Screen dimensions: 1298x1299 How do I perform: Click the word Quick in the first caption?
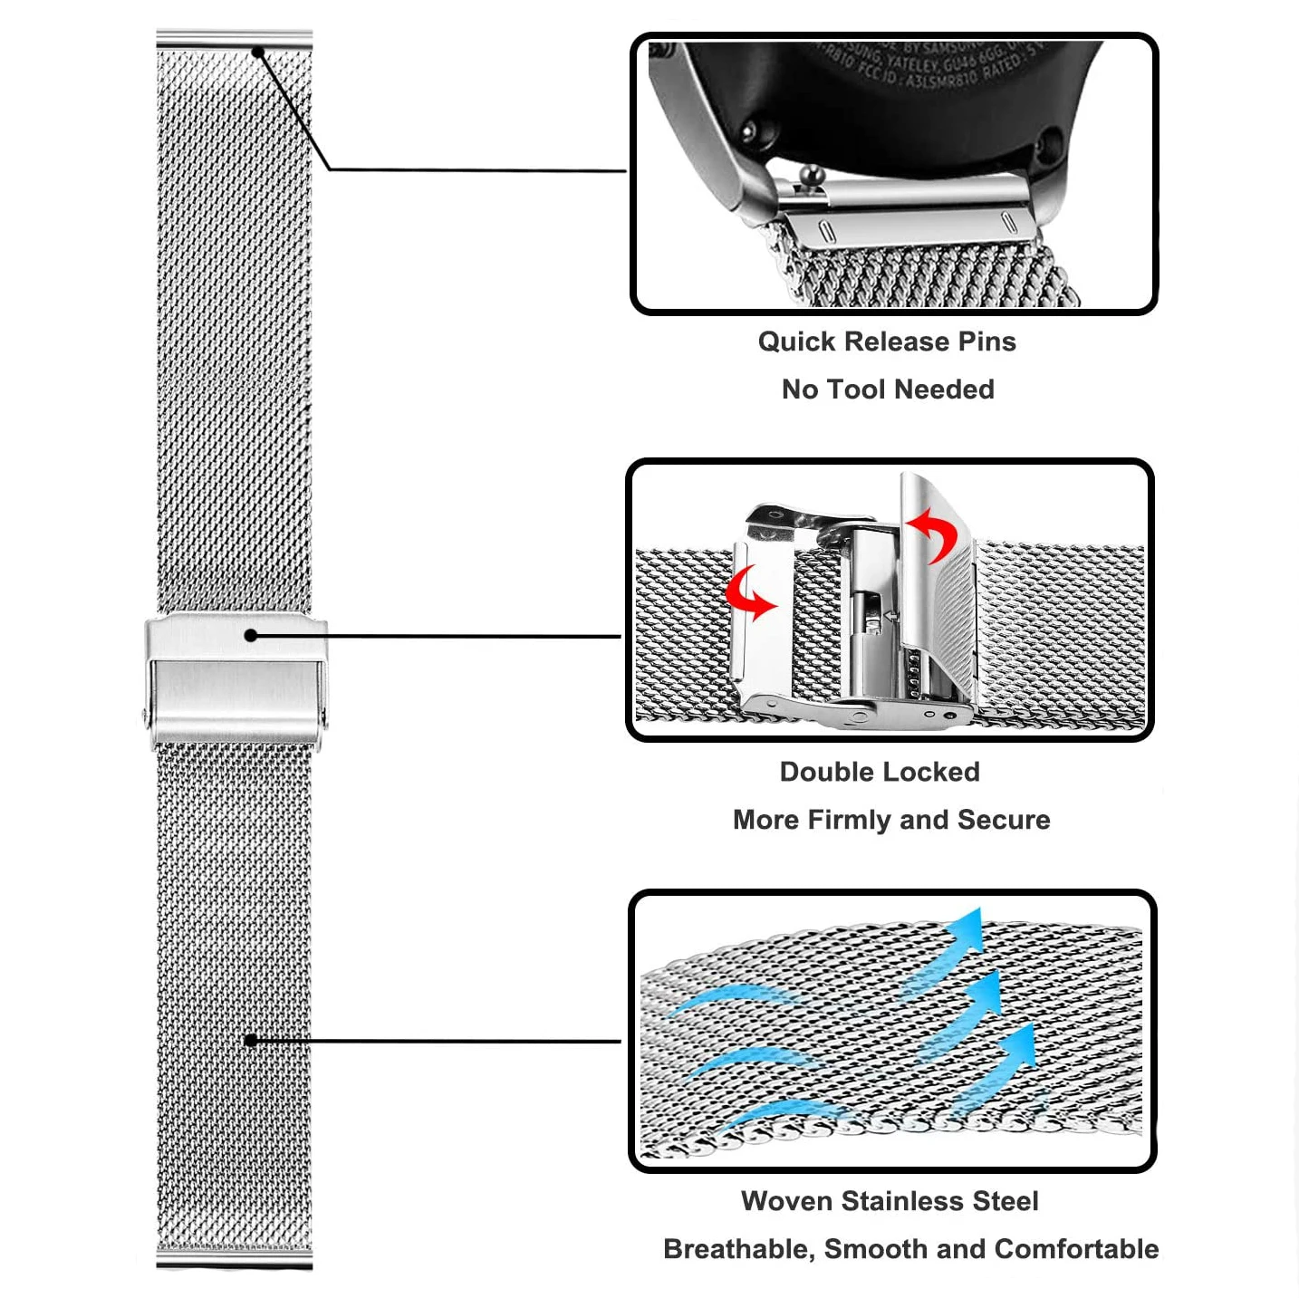click(797, 341)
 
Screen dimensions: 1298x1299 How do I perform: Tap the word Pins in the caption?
click(986, 341)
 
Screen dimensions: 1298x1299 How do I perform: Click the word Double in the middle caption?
click(823, 772)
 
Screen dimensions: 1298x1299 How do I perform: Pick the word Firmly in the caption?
click(849, 820)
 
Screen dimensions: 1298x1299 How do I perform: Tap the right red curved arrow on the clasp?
click(934, 534)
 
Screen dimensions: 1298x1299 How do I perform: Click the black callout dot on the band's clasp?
click(251, 636)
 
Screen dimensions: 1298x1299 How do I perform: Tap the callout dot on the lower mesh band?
click(251, 1040)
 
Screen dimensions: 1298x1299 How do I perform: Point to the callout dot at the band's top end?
click(257, 52)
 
